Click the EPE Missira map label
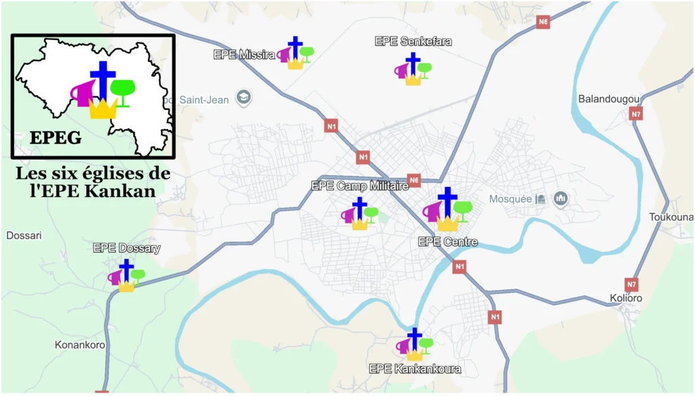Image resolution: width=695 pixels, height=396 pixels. (x=244, y=54)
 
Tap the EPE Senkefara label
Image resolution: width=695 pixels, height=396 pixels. (x=413, y=41)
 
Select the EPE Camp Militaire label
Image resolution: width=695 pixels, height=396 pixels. (x=360, y=185)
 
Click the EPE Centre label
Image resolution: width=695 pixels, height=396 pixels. (x=448, y=242)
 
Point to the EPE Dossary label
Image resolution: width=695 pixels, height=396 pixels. (x=126, y=248)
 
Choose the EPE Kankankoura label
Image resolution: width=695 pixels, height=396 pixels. (x=415, y=369)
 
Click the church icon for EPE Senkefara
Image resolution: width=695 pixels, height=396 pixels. (x=413, y=69)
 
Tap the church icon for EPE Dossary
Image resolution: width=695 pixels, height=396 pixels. (x=127, y=276)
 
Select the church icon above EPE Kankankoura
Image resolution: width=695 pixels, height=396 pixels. (x=414, y=344)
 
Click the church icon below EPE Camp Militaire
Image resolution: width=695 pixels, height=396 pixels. (x=360, y=213)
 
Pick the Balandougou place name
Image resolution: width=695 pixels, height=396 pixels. (x=609, y=99)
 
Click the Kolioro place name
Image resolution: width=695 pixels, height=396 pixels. (x=626, y=298)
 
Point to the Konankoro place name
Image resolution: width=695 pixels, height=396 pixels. (x=80, y=345)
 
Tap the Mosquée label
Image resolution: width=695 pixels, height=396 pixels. (x=510, y=199)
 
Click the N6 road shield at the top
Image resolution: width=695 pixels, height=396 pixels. (x=542, y=22)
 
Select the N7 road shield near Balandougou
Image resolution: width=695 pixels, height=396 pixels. (x=635, y=114)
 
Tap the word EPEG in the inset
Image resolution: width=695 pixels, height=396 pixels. (x=56, y=138)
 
